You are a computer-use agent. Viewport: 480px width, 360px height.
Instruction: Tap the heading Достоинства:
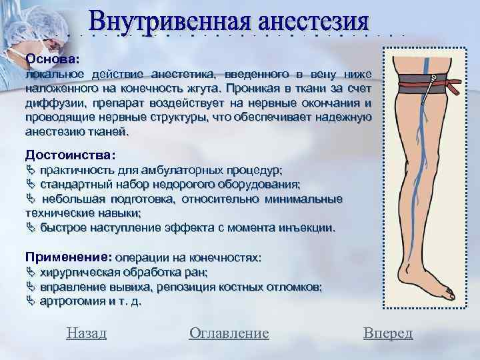tap(70, 154)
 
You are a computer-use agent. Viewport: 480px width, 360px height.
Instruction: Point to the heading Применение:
tap(68, 257)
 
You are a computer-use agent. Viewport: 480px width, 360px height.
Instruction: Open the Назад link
tap(87, 333)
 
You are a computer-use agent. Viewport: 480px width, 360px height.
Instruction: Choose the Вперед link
tap(388, 333)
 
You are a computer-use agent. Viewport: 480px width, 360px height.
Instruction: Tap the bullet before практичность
tap(29, 169)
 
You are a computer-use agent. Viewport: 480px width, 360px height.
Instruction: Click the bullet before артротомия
tap(29, 301)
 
